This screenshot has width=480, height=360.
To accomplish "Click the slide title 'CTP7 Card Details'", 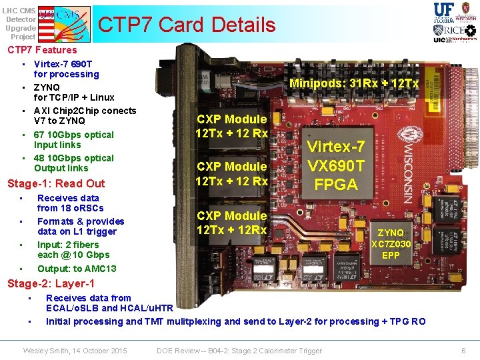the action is point(186,25).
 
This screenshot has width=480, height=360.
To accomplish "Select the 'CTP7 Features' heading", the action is point(42,50).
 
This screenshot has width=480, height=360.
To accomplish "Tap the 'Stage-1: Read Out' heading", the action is point(55,183).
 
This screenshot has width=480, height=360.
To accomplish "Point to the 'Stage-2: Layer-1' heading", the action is point(51,283).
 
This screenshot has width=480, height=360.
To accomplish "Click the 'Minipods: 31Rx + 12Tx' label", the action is point(353,83).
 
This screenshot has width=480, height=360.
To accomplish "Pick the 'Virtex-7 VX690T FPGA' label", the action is point(335,165).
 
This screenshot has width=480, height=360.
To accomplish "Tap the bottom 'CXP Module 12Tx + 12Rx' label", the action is point(231,223).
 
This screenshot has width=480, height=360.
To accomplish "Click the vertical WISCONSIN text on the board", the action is point(407,159).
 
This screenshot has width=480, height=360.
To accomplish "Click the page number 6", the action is point(463,351).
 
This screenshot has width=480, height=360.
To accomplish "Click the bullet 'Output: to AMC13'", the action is point(77,269).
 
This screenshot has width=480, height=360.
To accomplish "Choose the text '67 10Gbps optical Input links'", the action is point(73,139).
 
